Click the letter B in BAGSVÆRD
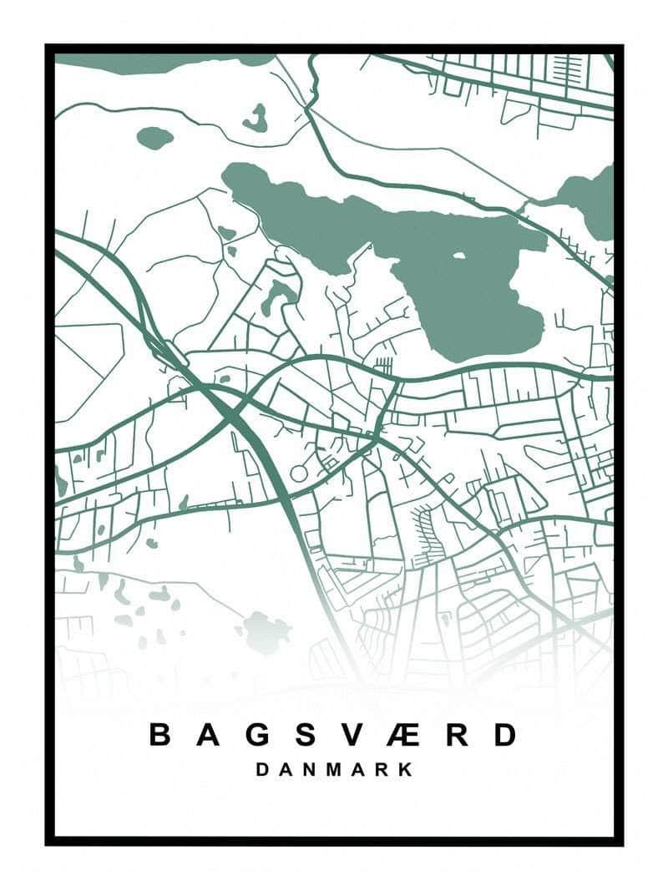(x=160, y=735)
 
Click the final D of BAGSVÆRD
(x=504, y=735)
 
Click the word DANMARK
(x=334, y=769)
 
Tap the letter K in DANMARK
(x=406, y=769)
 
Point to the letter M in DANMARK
(x=333, y=769)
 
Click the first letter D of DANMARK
(x=262, y=769)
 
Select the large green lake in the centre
(x=468, y=301)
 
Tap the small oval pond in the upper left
(x=154, y=138)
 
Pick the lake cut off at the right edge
(x=595, y=200)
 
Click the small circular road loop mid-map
(x=299, y=473)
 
